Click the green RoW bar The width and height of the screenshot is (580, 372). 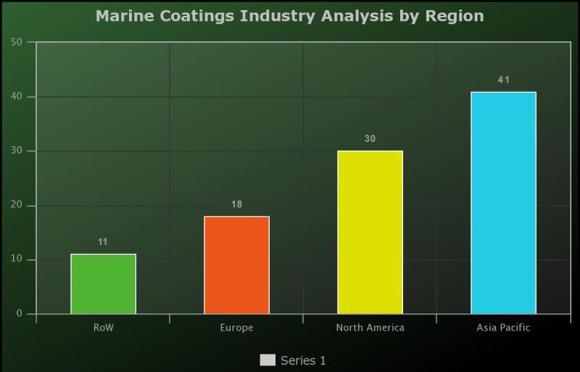click(103, 284)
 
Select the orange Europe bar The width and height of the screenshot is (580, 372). click(236, 265)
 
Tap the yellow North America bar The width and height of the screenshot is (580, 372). click(370, 232)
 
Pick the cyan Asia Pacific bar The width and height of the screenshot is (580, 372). click(503, 203)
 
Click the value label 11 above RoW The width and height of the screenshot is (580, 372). click(103, 242)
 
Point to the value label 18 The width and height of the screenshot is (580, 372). click(236, 204)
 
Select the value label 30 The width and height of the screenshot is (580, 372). click(370, 138)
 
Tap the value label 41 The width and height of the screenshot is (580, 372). click(503, 80)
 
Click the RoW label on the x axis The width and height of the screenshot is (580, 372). click(103, 328)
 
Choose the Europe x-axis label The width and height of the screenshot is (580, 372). click(236, 328)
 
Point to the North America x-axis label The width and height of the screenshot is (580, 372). click(370, 328)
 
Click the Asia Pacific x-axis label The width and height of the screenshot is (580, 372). click(503, 328)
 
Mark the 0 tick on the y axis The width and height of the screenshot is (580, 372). click(20, 314)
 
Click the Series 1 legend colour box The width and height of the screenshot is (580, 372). click(268, 360)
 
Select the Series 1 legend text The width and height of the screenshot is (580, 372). click(303, 360)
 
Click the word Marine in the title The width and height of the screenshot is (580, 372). click(122, 15)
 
